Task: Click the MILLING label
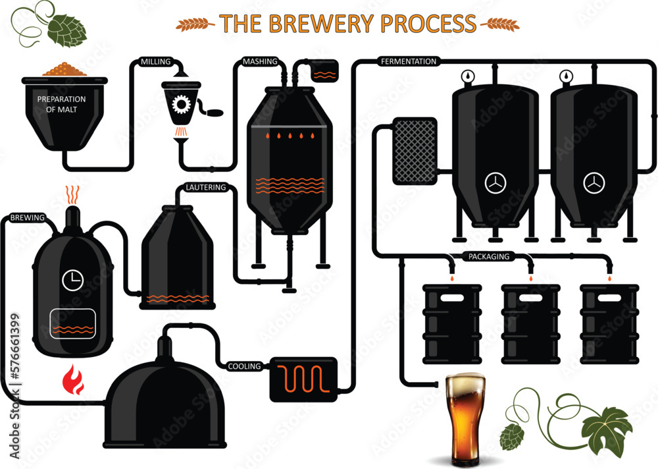pyautogui.click(x=155, y=62)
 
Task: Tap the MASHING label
pyautogui.click(x=259, y=62)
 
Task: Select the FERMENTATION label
pyautogui.click(x=409, y=61)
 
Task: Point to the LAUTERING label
pyautogui.click(x=206, y=188)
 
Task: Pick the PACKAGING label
pyautogui.click(x=488, y=256)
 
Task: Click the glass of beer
pyautogui.click(x=465, y=419)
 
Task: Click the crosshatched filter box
pyautogui.click(x=415, y=151)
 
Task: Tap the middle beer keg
pyautogui.click(x=530, y=323)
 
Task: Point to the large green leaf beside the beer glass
pyautogui.click(x=607, y=431)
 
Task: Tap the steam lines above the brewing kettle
pyautogui.click(x=73, y=194)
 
